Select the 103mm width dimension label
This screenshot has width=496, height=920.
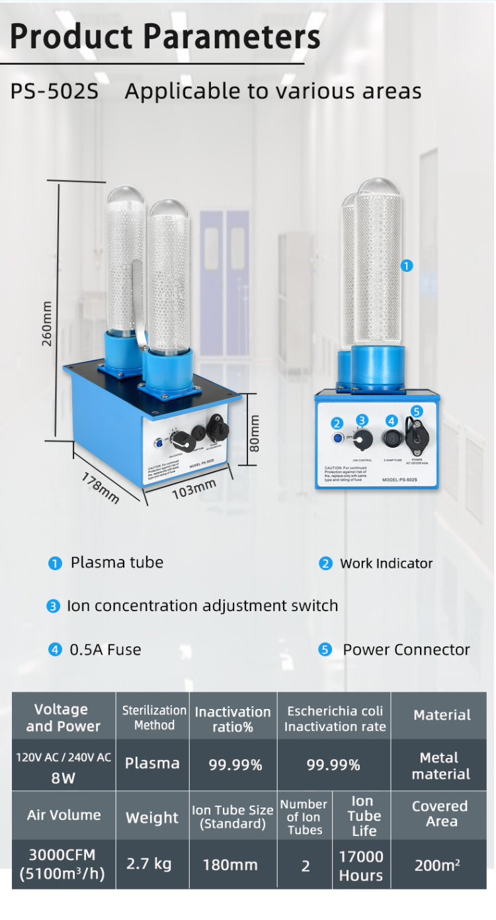point(194,489)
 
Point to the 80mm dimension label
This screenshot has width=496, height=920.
point(255,433)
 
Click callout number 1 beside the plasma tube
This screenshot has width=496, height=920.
point(407,265)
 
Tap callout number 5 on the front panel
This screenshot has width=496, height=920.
point(416,411)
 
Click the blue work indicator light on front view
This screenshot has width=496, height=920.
point(338,437)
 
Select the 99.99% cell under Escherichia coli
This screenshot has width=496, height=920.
point(333,765)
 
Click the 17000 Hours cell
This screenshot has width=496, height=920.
point(361,866)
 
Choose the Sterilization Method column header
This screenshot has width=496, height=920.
point(153,717)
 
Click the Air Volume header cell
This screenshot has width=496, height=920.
point(63,815)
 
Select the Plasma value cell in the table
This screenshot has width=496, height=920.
point(152,763)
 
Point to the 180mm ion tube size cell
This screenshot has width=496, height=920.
point(231,865)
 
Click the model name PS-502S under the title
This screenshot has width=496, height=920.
point(54,91)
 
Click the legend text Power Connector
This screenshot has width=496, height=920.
point(406,649)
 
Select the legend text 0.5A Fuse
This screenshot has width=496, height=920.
point(105,649)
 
